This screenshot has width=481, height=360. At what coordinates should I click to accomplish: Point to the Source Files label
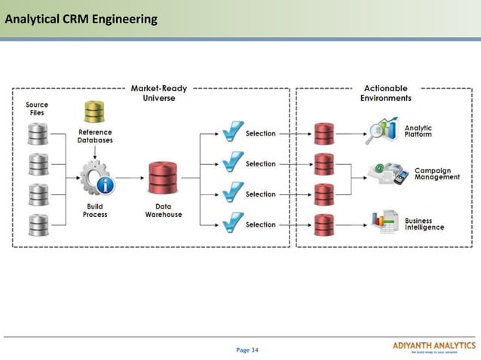37,108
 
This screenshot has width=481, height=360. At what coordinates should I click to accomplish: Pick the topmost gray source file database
38,133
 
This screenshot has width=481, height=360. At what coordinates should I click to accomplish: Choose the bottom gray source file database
38,224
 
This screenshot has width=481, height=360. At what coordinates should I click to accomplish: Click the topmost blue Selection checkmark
233,133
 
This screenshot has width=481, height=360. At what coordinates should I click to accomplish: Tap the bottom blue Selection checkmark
233,223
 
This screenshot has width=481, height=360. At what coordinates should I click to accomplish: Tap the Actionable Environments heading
385,93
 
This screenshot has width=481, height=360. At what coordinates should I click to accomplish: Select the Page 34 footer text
247,349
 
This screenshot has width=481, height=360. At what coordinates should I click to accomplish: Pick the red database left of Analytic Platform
324,133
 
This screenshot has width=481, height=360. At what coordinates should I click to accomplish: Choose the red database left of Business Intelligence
324,224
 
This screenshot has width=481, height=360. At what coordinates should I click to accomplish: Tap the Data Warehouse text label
164,210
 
